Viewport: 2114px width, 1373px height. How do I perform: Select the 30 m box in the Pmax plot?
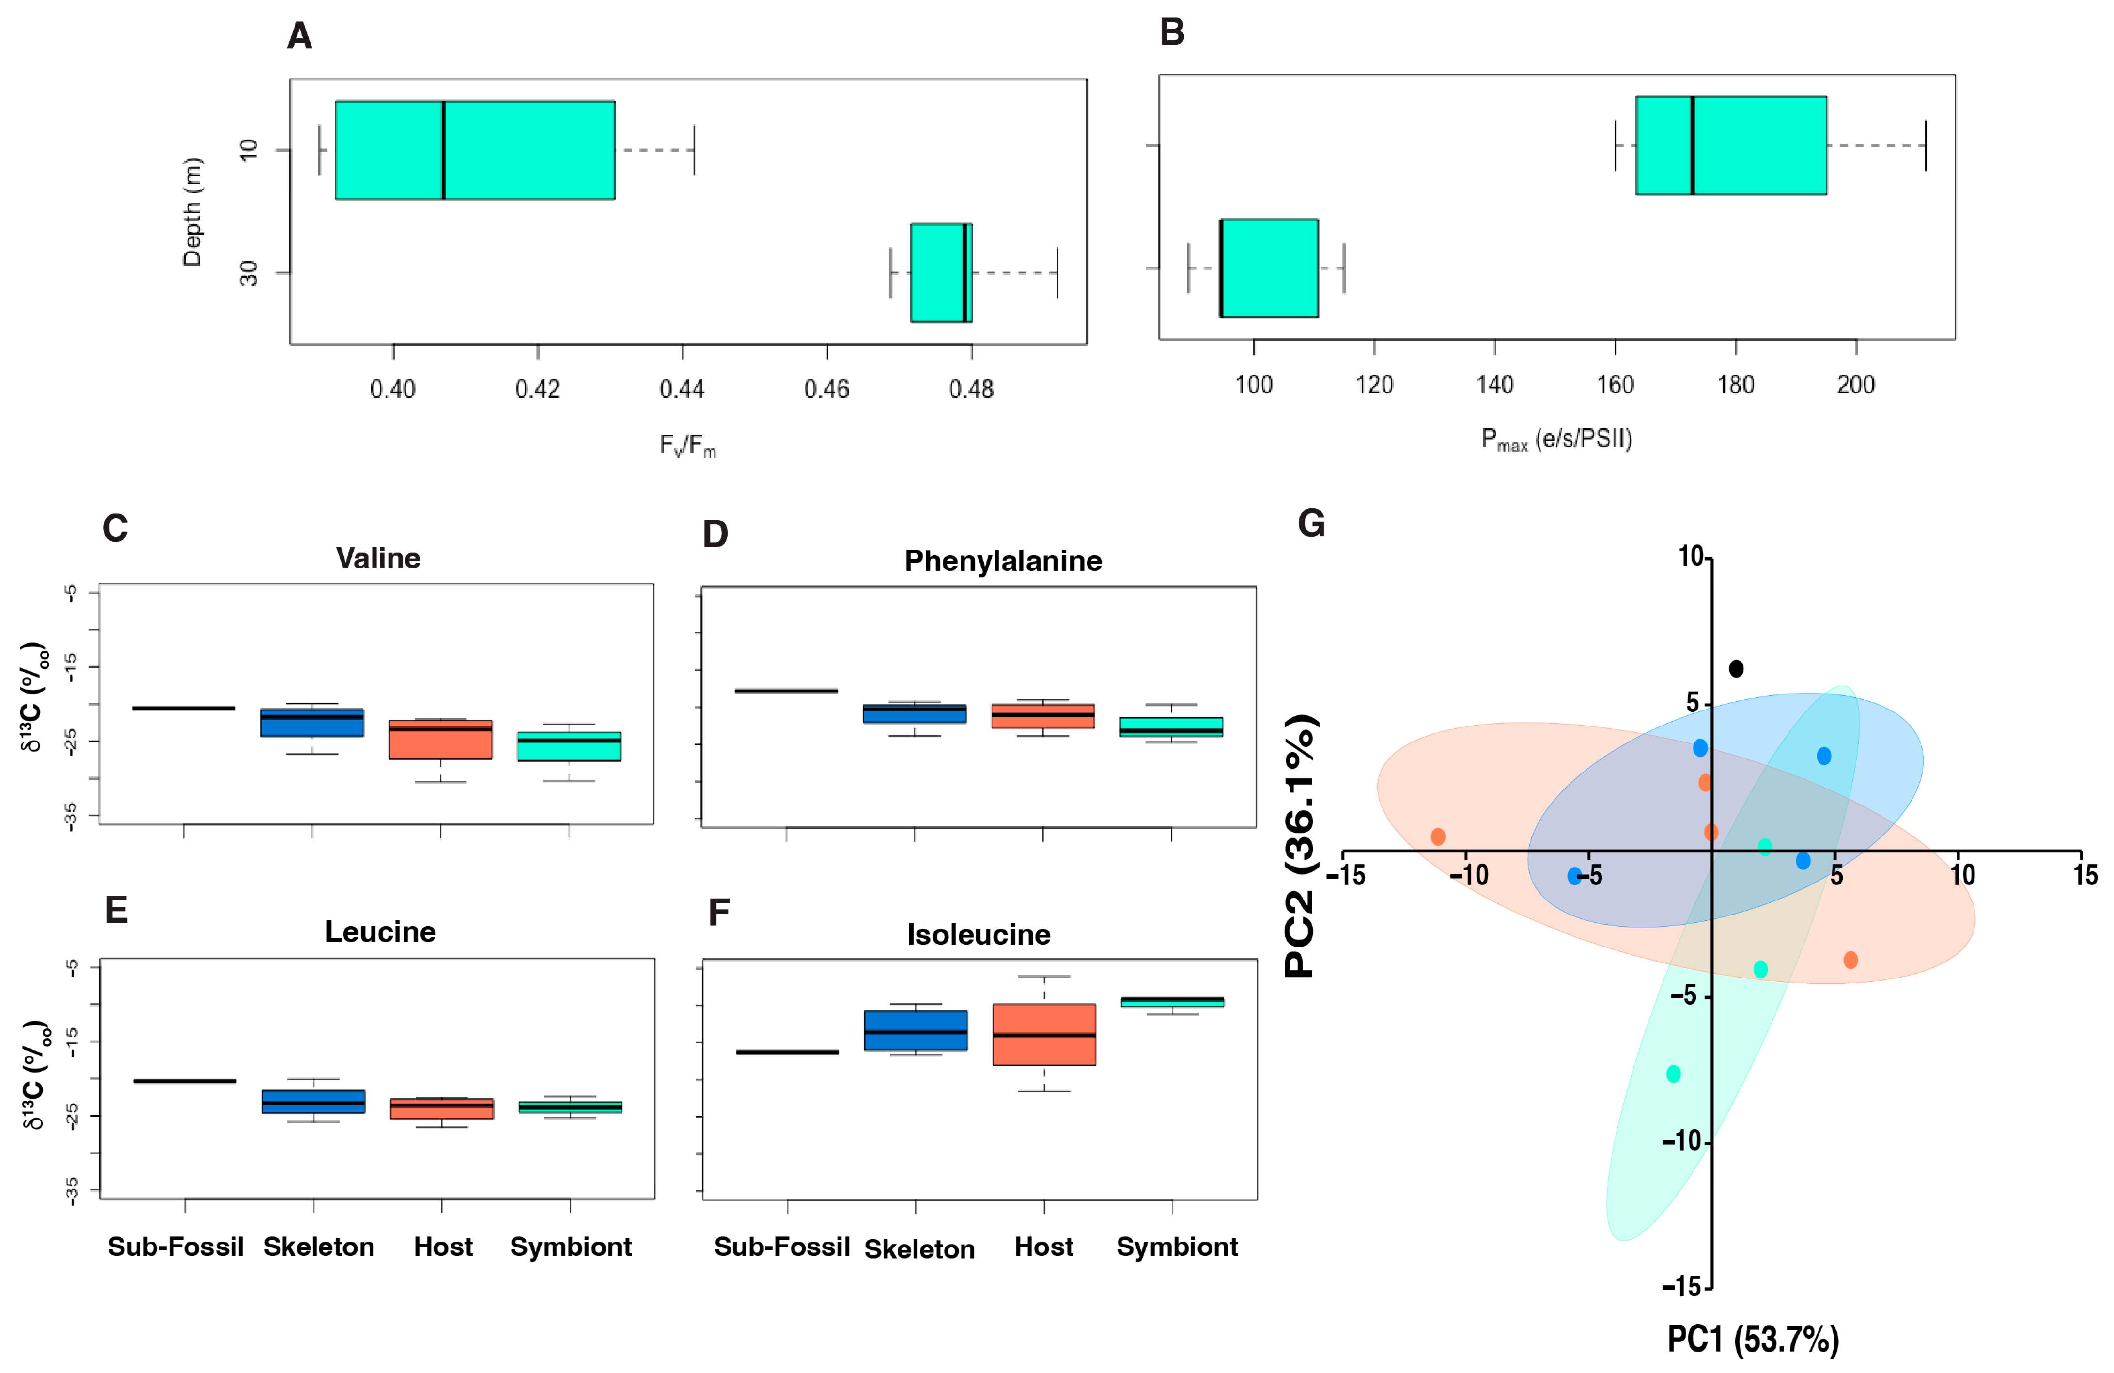pyautogui.click(x=1268, y=268)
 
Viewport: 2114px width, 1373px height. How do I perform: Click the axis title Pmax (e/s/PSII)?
pyautogui.click(x=1556, y=439)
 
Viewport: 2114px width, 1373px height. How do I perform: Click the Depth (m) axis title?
pyautogui.click(x=192, y=211)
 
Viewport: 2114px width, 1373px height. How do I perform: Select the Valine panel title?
pyautogui.click(x=378, y=558)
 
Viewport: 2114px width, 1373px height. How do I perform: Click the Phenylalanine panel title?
pyautogui.click(x=1003, y=561)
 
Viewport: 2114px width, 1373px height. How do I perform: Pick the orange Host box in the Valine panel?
pyautogui.click(x=440, y=740)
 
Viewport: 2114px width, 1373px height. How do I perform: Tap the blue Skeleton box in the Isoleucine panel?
pyautogui.click(x=916, y=1031)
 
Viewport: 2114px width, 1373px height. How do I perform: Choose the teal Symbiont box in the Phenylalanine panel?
pyautogui.click(x=1171, y=727)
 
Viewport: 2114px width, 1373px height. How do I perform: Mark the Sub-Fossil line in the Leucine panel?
pyautogui.click(x=185, y=1081)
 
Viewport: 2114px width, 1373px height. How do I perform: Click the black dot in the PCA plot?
pyautogui.click(x=1736, y=668)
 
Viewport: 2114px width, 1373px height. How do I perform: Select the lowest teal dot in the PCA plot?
pyautogui.click(x=1674, y=1073)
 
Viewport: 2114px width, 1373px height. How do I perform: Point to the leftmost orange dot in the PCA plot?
pyautogui.click(x=1438, y=836)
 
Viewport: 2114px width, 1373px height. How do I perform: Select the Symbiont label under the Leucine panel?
pyautogui.click(x=570, y=1247)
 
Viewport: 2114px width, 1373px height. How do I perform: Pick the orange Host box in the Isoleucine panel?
pyautogui.click(x=1043, y=1034)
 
